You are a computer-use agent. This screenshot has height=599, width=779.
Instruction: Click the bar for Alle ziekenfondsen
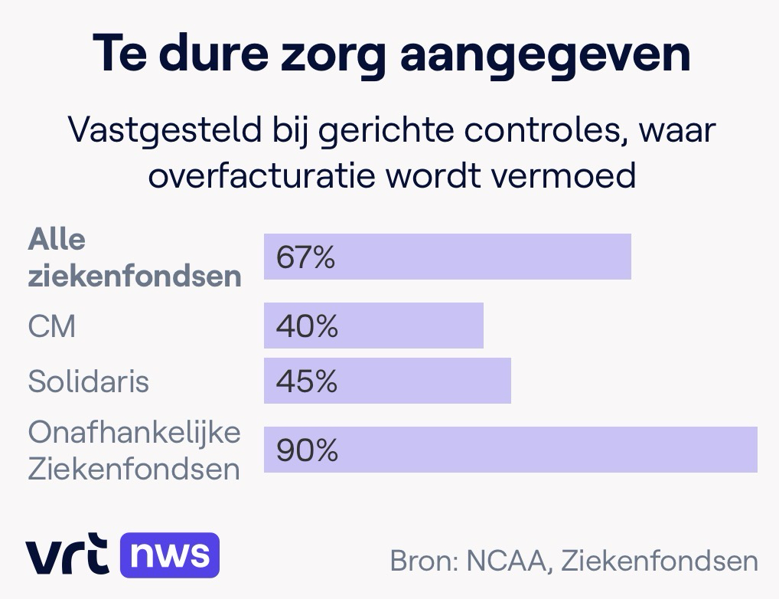[x=447, y=257]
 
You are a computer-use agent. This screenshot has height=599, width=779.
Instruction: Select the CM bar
[x=373, y=326]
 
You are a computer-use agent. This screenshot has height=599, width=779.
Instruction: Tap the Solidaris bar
[x=387, y=381]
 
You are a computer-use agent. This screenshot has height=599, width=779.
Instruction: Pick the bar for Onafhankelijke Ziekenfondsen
[x=510, y=450]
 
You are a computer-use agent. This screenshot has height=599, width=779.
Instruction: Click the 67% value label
[x=306, y=257]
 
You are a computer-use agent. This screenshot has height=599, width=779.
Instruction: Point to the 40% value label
[x=307, y=326]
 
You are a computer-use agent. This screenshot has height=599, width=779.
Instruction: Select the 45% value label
[x=307, y=381]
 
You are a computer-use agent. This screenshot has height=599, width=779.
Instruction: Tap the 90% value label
[x=307, y=450]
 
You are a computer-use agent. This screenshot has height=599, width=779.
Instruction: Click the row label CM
[x=52, y=327]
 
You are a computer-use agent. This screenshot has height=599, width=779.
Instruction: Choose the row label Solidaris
[x=88, y=381]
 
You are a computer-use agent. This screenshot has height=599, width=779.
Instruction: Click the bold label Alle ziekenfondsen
[x=134, y=258]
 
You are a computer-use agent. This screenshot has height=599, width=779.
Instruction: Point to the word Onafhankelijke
[x=134, y=434]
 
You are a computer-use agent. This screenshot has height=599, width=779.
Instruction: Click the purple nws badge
[x=169, y=555]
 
